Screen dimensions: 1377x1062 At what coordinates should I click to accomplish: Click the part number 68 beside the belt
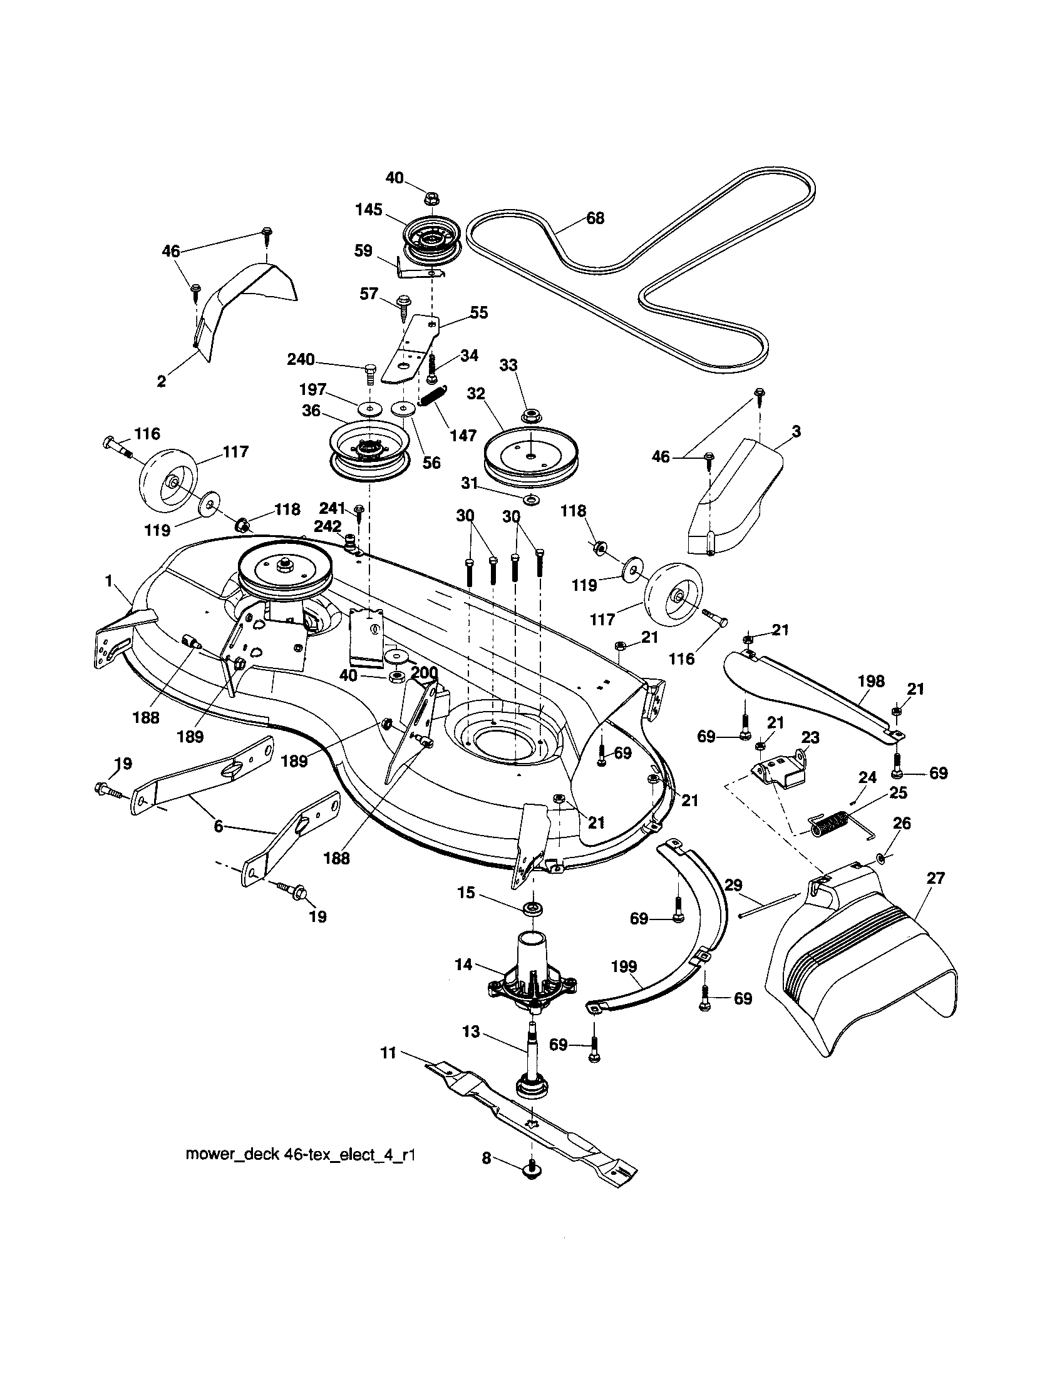point(595,218)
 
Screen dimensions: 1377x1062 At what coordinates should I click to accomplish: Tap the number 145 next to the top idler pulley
point(368,209)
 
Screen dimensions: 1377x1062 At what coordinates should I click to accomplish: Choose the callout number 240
point(301,360)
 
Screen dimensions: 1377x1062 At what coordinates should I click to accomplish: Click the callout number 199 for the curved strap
point(624,966)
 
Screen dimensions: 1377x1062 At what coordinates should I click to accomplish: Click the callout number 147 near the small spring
point(463,435)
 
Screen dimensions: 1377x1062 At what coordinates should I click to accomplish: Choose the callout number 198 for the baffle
point(871,681)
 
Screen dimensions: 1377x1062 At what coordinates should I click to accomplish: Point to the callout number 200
point(424,673)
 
